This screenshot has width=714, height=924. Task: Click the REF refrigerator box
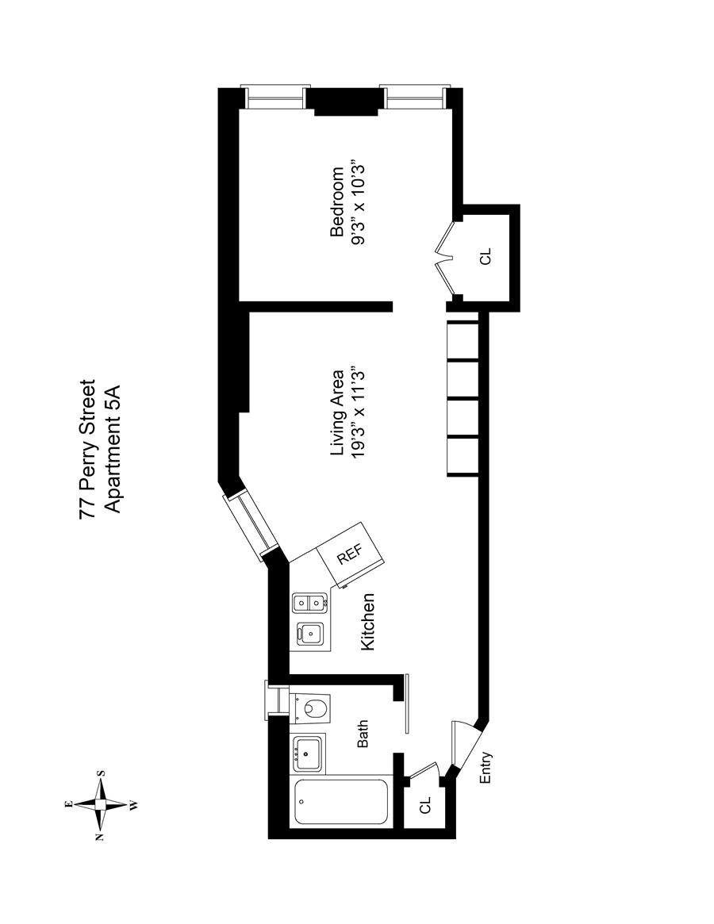(x=350, y=555)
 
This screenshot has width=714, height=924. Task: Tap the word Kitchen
(x=367, y=623)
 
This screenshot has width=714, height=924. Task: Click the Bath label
(x=363, y=734)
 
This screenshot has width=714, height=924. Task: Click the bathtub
(x=341, y=803)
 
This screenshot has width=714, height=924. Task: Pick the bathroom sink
(x=307, y=752)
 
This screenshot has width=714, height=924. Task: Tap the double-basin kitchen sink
(x=309, y=604)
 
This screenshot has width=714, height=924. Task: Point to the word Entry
(x=486, y=768)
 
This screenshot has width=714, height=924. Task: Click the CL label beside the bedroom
(x=486, y=256)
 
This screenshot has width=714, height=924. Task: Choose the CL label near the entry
(x=425, y=804)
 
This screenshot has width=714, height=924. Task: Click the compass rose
(x=101, y=803)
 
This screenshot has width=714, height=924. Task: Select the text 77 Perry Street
(x=88, y=449)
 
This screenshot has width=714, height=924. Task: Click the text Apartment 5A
(x=112, y=449)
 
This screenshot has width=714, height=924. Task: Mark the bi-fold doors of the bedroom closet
(x=445, y=255)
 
